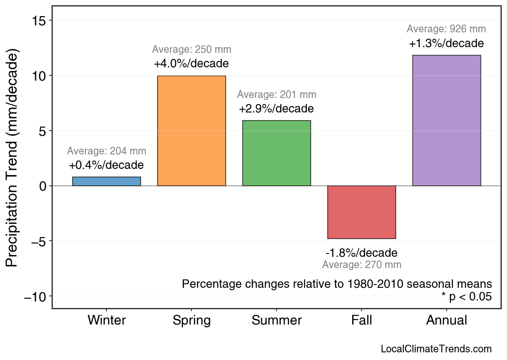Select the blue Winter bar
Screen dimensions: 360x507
point(106,181)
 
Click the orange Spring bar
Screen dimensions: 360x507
point(191,131)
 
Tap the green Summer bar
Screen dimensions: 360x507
point(276,153)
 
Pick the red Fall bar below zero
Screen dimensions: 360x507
point(362,212)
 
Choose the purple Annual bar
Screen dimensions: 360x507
point(447,121)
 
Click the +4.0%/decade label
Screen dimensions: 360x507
point(191,64)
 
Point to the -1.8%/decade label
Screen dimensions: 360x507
point(362,253)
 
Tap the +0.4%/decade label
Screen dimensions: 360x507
point(106,165)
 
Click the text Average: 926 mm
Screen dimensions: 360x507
point(446,29)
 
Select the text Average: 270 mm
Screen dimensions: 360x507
point(362,265)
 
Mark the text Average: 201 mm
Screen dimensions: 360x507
point(276,95)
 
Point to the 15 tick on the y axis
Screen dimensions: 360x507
point(39,21)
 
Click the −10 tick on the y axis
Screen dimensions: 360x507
point(36,297)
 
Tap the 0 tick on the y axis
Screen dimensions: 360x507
point(43,186)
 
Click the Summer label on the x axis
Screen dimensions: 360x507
point(276,320)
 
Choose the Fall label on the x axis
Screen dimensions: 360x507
point(362,320)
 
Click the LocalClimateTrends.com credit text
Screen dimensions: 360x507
point(436,349)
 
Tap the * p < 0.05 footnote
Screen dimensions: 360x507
point(466,297)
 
